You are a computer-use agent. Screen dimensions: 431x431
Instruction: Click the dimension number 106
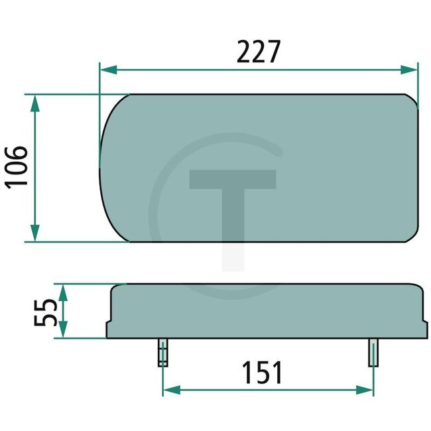click(x=17, y=167)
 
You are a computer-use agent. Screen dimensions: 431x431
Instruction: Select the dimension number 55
click(x=45, y=312)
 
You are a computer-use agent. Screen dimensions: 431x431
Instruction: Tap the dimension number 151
click(x=261, y=373)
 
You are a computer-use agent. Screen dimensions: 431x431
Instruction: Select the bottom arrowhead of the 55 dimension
click(x=63, y=331)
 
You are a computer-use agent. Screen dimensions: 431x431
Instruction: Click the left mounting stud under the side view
click(x=162, y=352)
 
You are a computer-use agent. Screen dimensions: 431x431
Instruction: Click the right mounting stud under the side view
click(x=374, y=352)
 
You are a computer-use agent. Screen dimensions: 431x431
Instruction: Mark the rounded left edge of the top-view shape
click(x=101, y=168)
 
